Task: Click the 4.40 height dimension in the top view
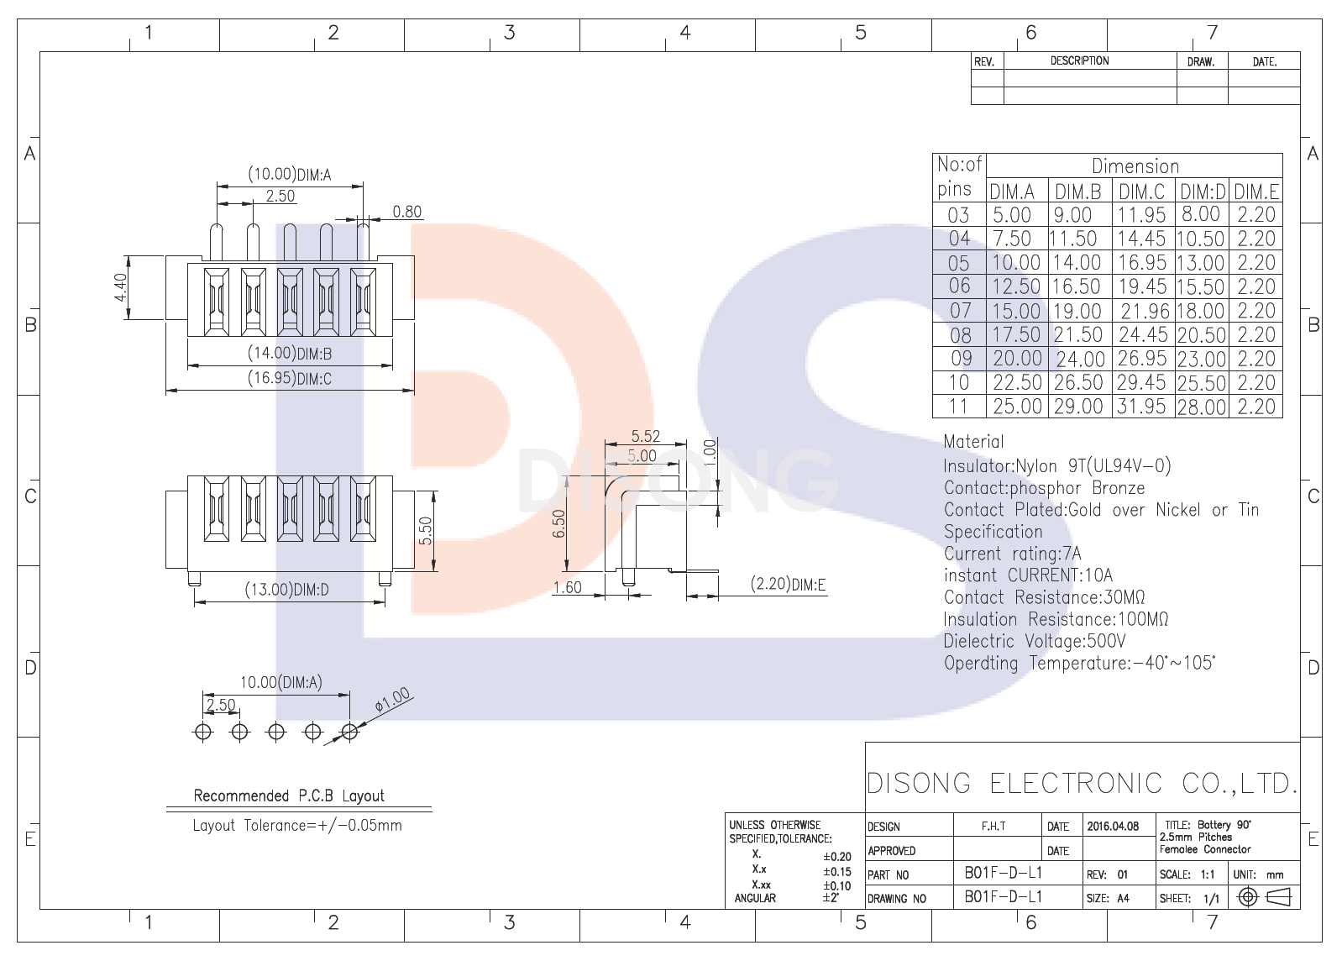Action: [x=121, y=287]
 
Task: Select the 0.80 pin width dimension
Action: [x=407, y=212]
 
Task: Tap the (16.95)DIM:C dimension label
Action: [x=290, y=378]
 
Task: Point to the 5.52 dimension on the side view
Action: [x=646, y=436]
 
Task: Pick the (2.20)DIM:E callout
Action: [x=788, y=584]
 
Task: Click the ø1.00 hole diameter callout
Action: [x=392, y=700]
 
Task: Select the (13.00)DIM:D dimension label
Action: [x=286, y=590]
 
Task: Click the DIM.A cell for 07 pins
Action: [x=1016, y=311]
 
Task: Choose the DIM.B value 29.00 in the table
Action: [x=1078, y=407]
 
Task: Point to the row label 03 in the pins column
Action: [x=958, y=215]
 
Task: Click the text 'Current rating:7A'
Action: [x=1012, y=554]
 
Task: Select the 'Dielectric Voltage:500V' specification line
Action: [x=1034, y=641]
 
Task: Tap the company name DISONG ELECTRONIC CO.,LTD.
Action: [x=1082, y=783]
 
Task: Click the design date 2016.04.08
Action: [x=1113, y=826]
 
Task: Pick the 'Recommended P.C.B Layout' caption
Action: [x=289, y=796]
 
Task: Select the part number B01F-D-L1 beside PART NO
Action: [x=1003, y=873]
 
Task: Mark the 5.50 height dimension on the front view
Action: [x=426, y=530]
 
